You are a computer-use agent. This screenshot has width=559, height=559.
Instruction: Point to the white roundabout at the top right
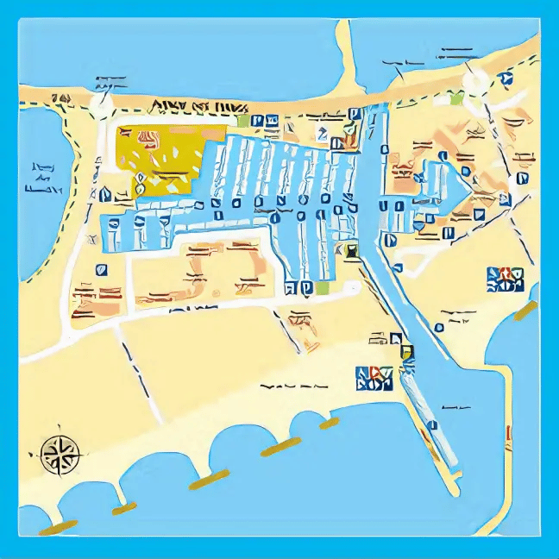(x=475, y=81)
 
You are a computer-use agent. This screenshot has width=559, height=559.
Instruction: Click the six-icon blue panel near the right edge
(x=505, y=279)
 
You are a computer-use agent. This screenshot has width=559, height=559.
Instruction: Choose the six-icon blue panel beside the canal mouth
(x=375, y=379)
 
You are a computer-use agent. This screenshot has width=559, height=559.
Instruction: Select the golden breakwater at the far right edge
(x=524, y=311)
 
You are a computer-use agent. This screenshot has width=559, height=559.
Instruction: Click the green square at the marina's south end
(x=323, y=287)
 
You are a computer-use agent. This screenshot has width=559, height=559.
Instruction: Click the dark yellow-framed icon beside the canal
(x=351, y=251)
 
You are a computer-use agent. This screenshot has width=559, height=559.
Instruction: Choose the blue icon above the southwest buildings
(x=102, y=268)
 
